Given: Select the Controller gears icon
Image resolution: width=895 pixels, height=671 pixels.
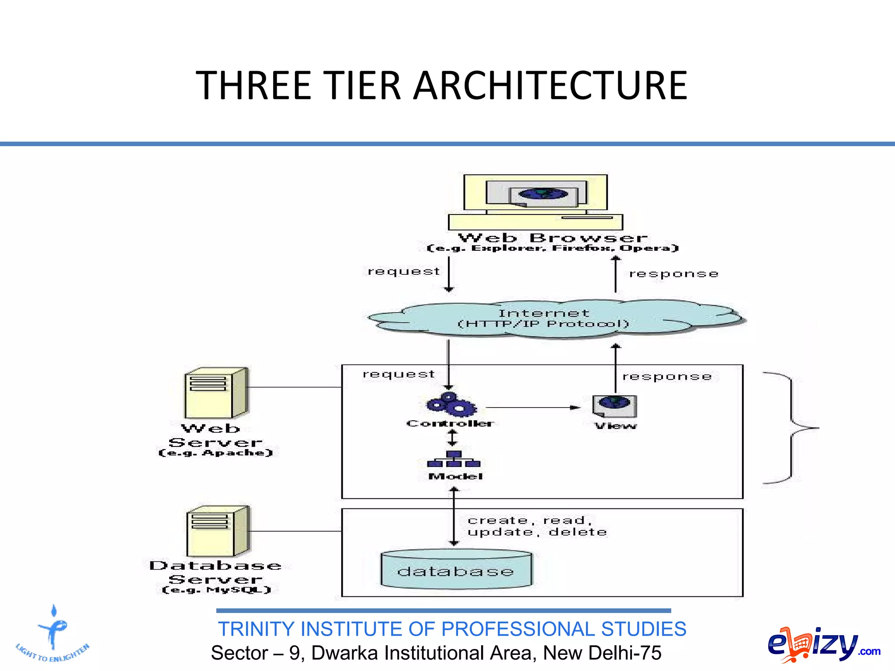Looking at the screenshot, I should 451,405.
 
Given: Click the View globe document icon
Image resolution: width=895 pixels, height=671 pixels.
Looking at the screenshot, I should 614,406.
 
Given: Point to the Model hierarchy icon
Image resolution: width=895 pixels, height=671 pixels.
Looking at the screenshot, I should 454,460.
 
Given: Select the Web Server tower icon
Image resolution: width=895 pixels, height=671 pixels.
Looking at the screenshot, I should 216,394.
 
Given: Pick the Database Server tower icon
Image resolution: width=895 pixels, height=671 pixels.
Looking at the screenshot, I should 218,531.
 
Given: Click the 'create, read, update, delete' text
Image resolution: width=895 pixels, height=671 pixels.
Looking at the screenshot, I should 536,526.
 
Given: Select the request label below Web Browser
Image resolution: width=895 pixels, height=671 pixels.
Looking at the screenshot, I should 403,272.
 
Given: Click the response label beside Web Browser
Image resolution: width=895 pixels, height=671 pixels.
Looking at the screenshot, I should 673,274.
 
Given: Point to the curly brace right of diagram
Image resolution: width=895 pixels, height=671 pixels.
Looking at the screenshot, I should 791,428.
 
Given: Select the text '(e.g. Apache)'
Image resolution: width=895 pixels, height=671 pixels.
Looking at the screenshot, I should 215,453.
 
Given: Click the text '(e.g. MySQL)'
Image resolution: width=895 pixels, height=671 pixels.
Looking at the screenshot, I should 217,590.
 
